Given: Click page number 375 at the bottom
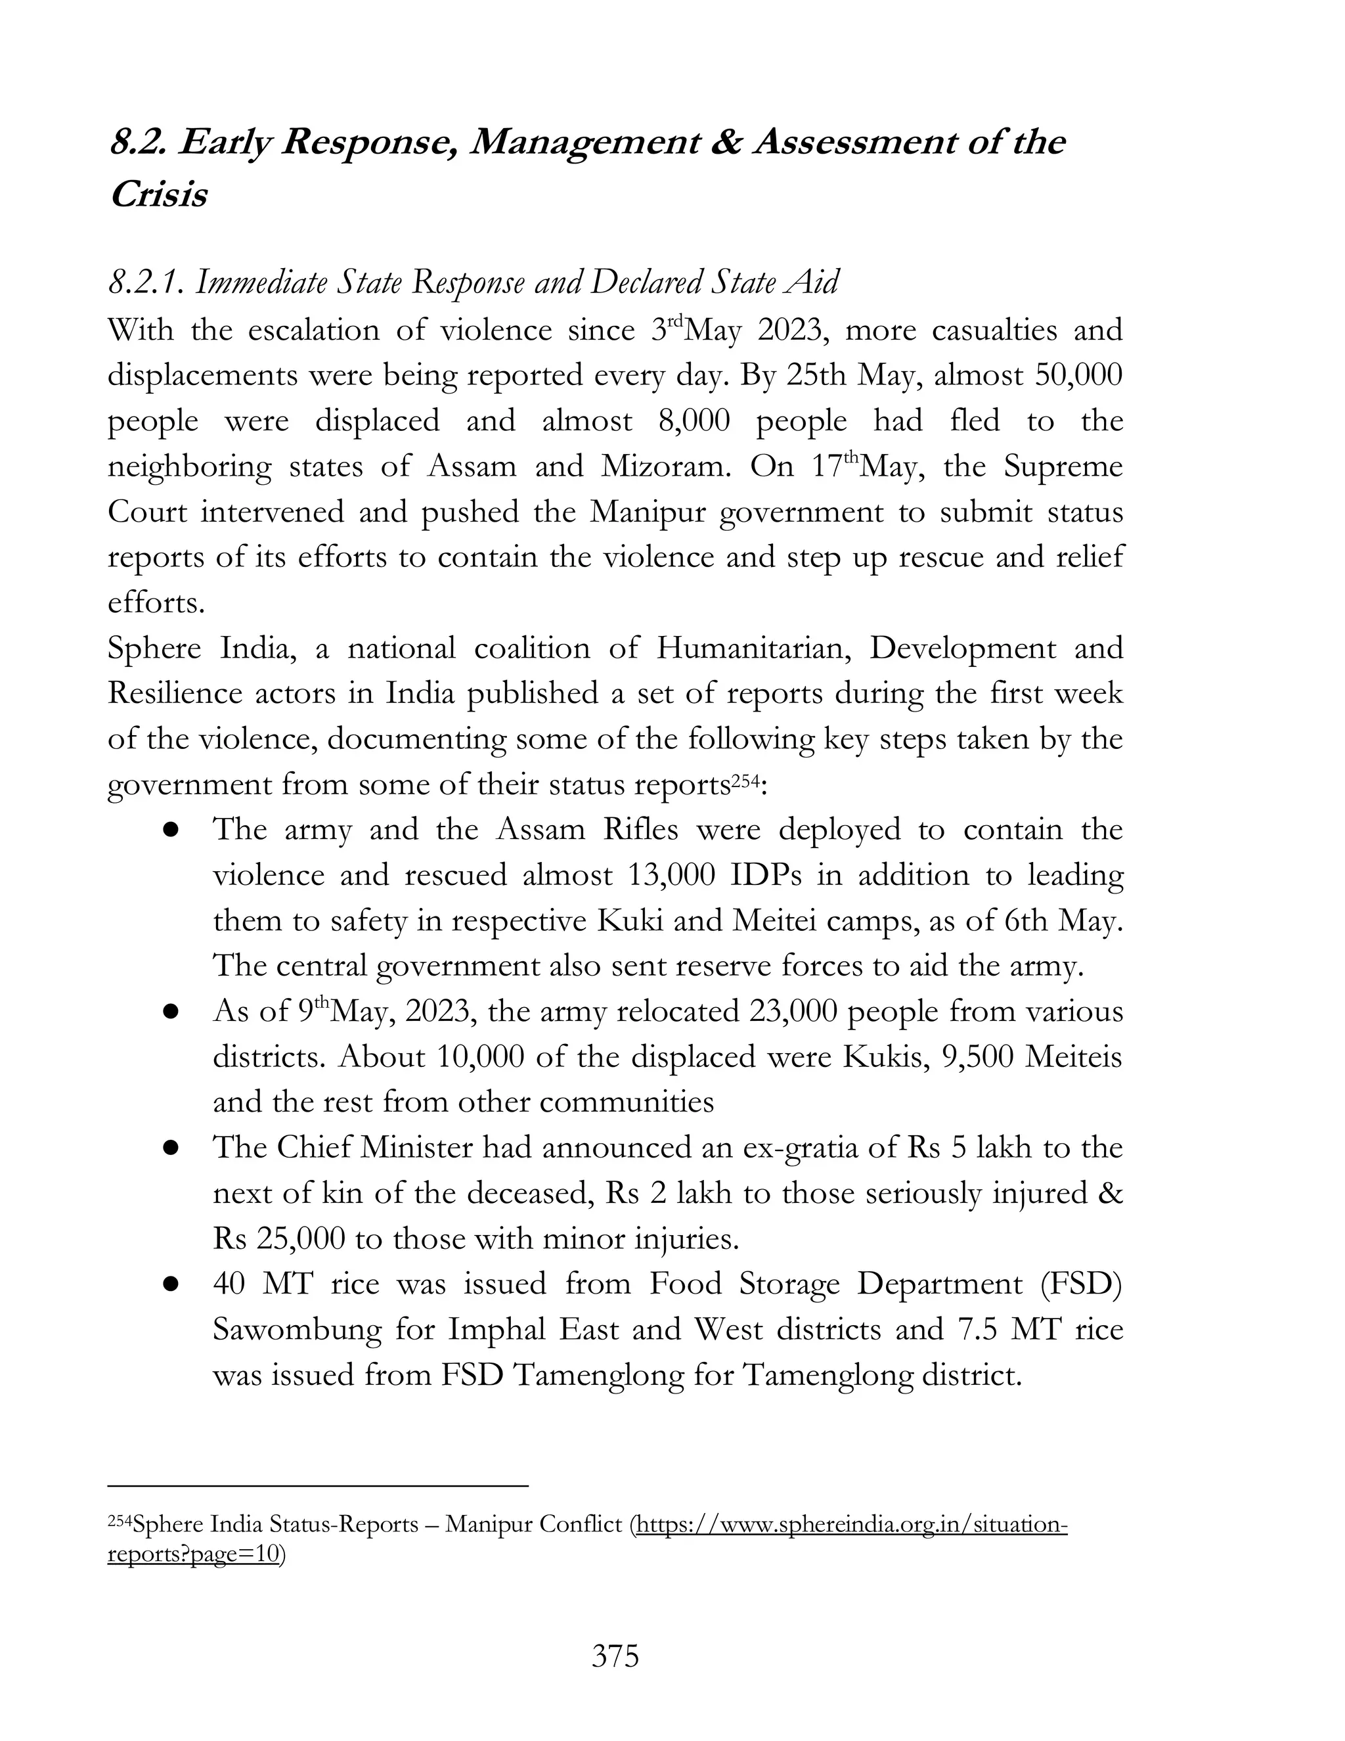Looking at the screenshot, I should point(615,1656).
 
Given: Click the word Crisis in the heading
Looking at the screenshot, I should point(158,194).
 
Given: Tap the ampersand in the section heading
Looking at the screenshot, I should point(724,143).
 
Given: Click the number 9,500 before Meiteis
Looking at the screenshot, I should point(977,1057).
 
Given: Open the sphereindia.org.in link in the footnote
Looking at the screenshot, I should point(849,1524).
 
